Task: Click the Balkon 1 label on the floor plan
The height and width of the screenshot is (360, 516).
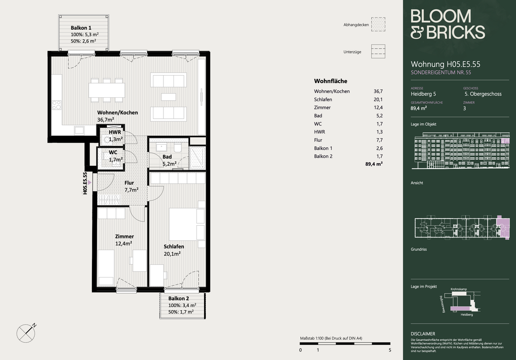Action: (x=81, y=28)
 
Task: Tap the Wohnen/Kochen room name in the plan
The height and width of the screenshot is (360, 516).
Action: (x=118, y=112)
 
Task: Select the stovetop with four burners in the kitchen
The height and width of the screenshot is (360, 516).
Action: (x=57, y=105)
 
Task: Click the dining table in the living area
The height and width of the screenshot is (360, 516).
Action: (x=107, y=90)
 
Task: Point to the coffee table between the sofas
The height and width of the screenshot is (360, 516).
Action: (x=168, y=97)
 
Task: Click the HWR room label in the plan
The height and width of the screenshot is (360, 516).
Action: (x=115, y=132)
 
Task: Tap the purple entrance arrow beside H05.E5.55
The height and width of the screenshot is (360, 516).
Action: (x=90, y=183)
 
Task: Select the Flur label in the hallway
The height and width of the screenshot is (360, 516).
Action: (x=129, y=183)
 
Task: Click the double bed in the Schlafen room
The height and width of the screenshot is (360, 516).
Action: (x=187, y=224)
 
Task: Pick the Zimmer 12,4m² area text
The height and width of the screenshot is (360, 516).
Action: (x=124, y=244)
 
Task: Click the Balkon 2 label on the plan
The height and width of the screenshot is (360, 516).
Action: (x=178, y=298)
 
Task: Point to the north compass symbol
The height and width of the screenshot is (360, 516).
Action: (x=26, y=333)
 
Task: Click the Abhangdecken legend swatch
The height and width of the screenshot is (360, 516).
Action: (x=378, y=24)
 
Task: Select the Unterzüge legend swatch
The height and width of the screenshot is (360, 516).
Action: (x=378, y=51)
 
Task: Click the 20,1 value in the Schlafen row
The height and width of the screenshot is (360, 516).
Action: (x=378, y=100)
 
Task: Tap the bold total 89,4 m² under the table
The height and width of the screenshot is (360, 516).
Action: (x=374, y=164)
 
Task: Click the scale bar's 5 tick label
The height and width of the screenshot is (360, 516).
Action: (x=390, y=350)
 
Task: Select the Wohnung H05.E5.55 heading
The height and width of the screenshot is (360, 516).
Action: (x=445, y=64)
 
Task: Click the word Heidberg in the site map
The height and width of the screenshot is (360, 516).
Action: (x=467, y=315)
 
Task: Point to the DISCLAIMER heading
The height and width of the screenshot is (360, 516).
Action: (x=423, y=334)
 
